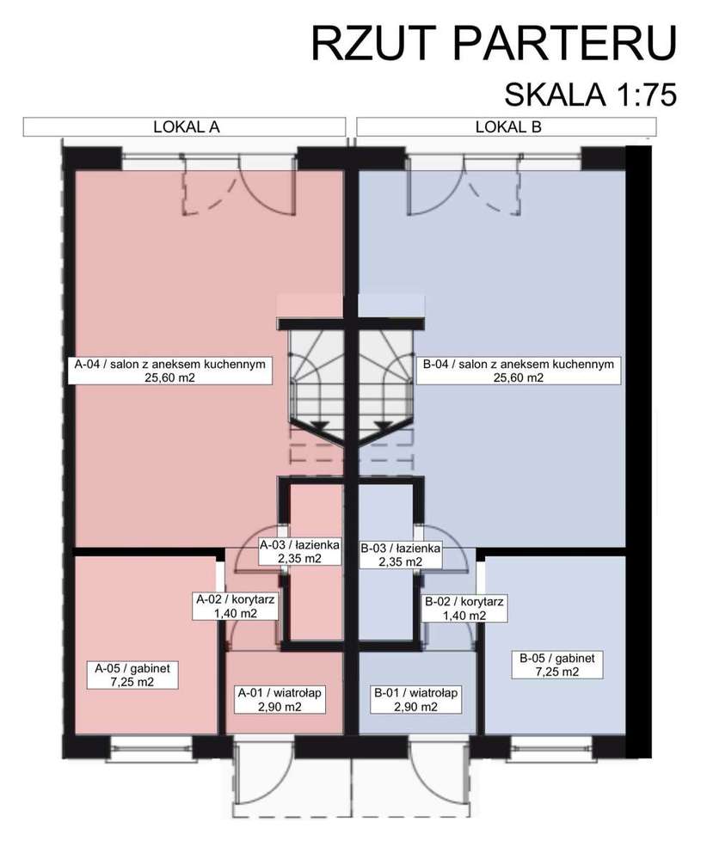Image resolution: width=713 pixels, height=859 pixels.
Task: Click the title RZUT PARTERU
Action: coord(493,44)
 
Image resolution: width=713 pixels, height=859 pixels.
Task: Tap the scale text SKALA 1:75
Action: coord(590,94)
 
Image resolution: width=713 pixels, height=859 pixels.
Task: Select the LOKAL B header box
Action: coord(508,126)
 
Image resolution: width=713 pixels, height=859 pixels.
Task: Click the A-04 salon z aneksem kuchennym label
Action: coord(169,371)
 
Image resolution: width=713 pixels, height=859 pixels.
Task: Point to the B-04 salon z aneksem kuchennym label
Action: coord(518,371)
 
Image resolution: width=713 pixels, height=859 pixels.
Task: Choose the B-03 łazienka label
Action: coord(401,554)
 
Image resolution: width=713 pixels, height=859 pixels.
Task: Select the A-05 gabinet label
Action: coord(132,673)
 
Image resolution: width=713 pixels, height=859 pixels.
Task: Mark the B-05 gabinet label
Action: coord(556,665)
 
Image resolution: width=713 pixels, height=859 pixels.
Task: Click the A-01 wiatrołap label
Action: coord(280,699)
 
